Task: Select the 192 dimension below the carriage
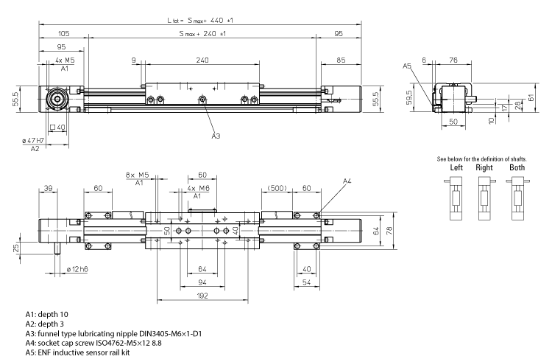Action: tap(202, 295)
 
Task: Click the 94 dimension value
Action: tap(202, 282)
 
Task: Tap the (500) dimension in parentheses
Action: tap(277, 188)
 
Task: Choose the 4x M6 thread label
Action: tap(197, 188)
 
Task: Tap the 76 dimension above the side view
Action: tap(454, 60)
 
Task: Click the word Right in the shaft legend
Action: tap(484, 167)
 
